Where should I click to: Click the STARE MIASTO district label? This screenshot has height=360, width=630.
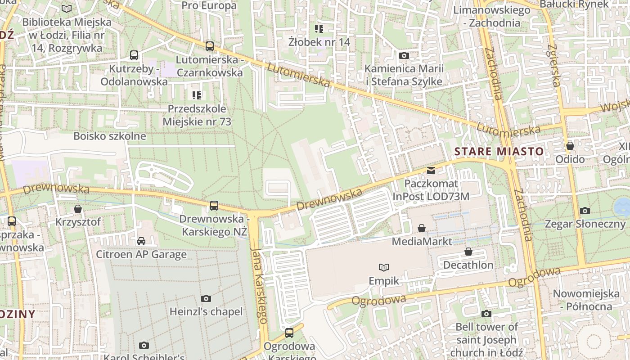[499, 151]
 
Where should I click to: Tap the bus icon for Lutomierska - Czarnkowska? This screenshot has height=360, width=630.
[209, 46]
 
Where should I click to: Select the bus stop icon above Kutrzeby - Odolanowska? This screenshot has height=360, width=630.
[134, 55]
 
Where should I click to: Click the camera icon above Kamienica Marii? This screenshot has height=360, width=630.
[404, 55]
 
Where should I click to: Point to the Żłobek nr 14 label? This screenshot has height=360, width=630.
[319, 42]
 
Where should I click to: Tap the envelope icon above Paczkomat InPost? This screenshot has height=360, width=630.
[431, 171]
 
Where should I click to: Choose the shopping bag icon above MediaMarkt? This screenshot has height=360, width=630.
[422, 228]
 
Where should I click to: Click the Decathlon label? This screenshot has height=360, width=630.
[468, 265]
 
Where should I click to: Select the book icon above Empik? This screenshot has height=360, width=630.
[384, 268]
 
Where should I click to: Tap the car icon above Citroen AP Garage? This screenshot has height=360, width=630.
[141, 241]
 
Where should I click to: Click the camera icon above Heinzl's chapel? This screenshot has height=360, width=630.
[206, 298]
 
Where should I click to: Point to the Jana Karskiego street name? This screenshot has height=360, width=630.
[259, 285]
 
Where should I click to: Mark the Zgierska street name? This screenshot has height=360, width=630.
[555, 65]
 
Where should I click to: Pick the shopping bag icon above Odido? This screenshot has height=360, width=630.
[570, 146]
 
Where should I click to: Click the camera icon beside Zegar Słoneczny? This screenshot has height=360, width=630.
[585, 211]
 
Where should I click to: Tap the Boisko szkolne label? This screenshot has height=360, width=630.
[110, 136]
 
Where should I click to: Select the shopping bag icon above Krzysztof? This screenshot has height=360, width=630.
[78, 209]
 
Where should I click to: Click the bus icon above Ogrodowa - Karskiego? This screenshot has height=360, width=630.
[289, 333]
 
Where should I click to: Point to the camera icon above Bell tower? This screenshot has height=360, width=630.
[486, 314]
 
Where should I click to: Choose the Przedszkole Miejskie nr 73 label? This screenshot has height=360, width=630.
[197, 115]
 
